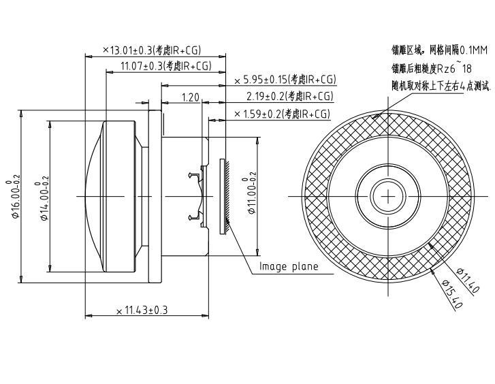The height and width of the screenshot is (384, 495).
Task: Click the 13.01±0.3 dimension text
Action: pos(155,50)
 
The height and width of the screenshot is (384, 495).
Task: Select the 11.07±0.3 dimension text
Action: pos(165,66)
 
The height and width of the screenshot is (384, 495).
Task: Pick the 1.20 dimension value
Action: pos(190,97)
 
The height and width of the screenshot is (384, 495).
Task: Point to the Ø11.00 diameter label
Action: pos(251,193)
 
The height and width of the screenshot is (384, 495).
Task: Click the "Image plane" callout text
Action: pos(289,266)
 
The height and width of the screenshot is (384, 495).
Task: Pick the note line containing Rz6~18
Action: pos(436,68)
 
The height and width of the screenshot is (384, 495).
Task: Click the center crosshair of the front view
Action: pos(386,193)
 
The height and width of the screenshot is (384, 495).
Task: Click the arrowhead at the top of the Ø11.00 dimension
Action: pos(257,140)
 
